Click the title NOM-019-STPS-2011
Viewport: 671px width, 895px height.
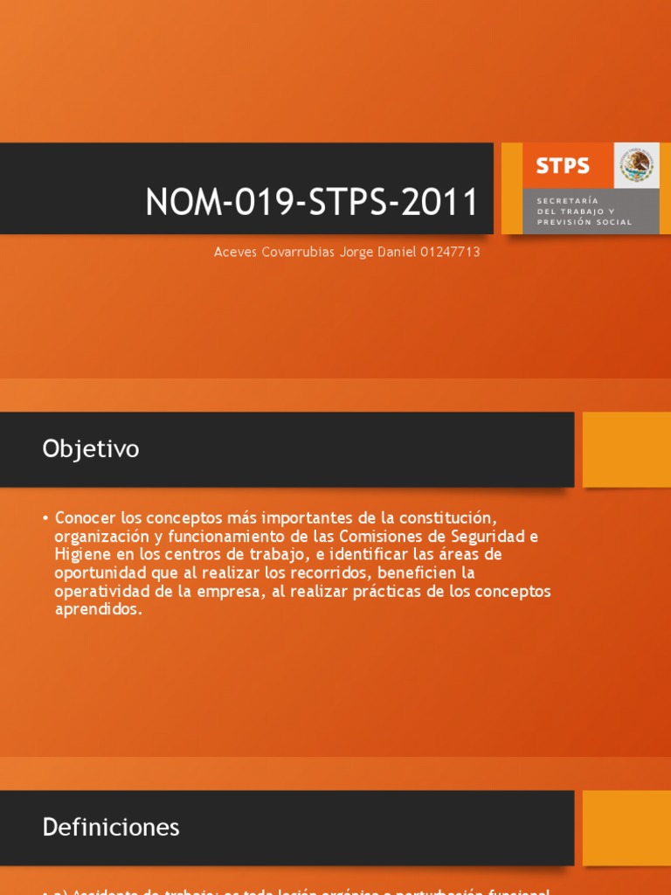[311, 203]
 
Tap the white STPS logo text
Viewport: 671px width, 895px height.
[563, 165]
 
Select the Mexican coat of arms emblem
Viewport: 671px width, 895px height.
[637, 164]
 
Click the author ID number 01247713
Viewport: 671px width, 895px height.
[450, 252]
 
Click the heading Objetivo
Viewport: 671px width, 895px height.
[91, 449]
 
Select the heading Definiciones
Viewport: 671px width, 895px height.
[111, 827]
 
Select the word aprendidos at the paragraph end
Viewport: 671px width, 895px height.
[97, 610]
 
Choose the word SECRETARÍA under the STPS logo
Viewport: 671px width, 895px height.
[562, 201]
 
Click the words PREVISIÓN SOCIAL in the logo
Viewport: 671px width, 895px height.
[585, 222]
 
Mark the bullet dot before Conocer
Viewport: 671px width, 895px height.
[45, 517]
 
